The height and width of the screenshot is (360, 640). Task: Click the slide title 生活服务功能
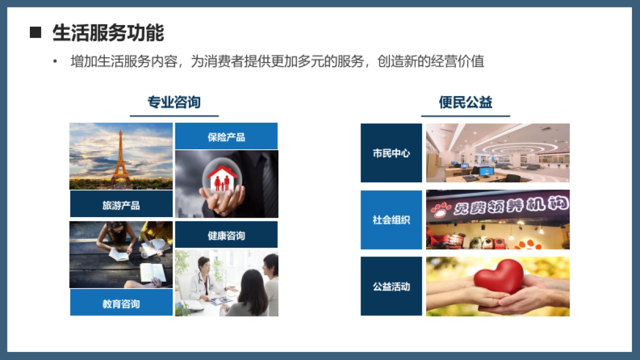point(108,33)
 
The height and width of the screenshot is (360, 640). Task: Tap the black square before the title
point(35,33)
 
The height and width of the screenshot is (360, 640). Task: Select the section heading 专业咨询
point(174,102)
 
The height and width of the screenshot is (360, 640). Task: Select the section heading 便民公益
point(465,102)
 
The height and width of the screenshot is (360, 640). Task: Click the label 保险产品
point(226,137)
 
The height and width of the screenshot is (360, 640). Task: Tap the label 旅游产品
point(121,204)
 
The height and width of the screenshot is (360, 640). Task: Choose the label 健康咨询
point(226,235)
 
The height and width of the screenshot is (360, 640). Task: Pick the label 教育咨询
point(121,303)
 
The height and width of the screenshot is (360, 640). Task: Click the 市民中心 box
point(391,153)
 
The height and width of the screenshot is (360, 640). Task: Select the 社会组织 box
point(391,220)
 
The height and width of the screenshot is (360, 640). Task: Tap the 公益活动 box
point(391,286)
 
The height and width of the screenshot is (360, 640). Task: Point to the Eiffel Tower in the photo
point(121,157)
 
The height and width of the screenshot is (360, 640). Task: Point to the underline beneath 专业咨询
point(174,116)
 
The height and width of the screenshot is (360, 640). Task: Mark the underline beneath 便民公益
point(465,116)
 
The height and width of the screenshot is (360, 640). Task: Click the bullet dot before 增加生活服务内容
point(54,61)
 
